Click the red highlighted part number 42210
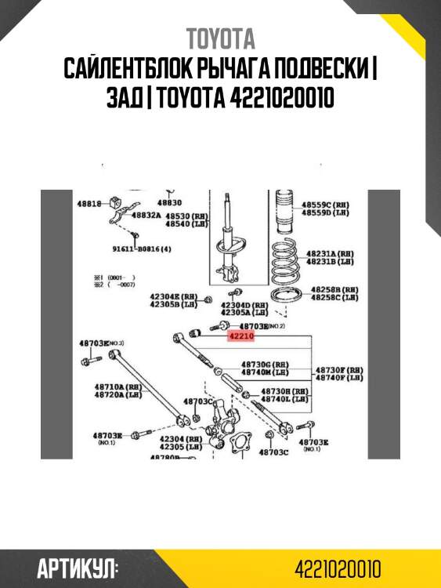(x=242, y=336)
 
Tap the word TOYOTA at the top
(x=220, y=38)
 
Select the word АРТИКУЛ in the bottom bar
(x=77, y=568)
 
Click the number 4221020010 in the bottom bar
(x=338, y=568)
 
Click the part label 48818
(x=89, y=203)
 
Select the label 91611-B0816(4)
(x=141, y=249)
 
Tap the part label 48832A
(x=146, y=215)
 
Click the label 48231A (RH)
(x=330, y=254)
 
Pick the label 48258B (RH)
(x=334, y=289)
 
